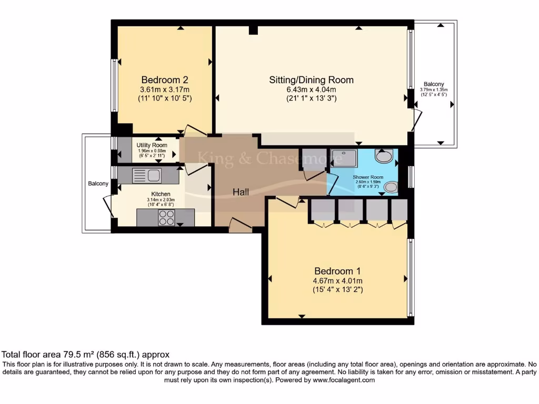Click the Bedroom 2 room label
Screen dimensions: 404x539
[165, 80]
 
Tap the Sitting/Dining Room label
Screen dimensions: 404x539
[311, 80]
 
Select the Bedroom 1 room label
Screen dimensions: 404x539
[337, 271]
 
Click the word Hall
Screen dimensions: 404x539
[241, 193]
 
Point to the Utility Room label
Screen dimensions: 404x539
[152, 145]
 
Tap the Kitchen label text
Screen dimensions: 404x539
[161, 194]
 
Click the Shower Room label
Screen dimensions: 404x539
[368, 177]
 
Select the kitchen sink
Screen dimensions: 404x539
[147, 175]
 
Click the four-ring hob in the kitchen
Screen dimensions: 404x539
[167, 217]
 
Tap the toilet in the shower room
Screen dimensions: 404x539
[384, 155]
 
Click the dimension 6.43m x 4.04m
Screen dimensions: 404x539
[311, 89]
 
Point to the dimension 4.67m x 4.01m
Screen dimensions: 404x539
[337, 281]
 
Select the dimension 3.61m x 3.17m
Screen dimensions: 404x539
[165, 89]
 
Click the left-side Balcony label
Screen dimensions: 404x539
[98, 184]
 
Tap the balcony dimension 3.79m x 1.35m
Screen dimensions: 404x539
[434, 90]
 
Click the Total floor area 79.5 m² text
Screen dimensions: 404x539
[86, 355]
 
